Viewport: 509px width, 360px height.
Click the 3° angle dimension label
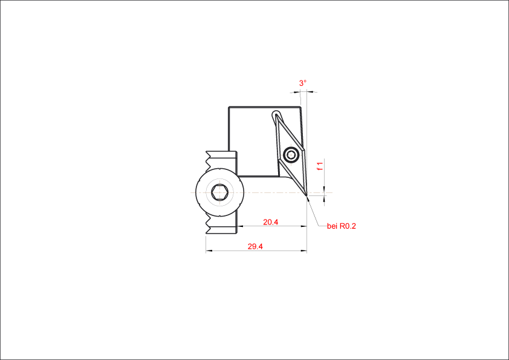[302, 83]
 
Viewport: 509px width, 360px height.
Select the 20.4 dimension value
[270, 222]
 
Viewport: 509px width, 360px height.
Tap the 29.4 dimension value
[255, 246]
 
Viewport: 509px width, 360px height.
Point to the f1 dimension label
[320, 166]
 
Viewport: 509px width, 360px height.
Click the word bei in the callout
[332, 226]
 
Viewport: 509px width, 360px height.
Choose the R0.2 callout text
[348, 226]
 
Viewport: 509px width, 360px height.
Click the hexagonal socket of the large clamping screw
[220, 192]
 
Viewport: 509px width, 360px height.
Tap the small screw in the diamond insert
[291, 155]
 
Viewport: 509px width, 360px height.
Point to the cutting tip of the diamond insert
[306, 195]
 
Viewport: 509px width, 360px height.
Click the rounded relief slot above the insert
[277, 114]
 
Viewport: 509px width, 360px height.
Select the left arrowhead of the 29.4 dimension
[209, 250]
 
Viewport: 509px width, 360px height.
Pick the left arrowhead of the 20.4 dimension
[241, 226]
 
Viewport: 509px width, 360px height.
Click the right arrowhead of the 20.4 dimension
[304, 226]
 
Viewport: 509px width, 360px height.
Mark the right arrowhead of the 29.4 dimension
[304, 250]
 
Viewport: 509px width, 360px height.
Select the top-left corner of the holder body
[229, 107]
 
